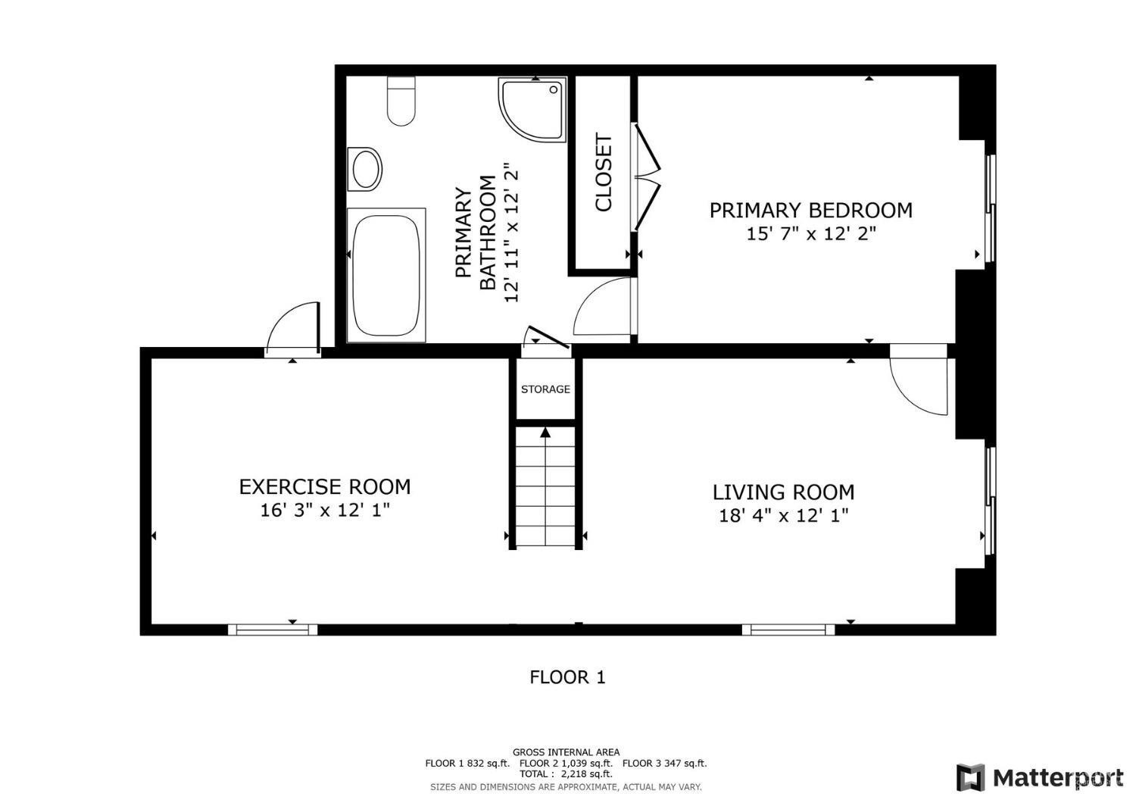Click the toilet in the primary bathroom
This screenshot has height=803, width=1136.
(401, 101)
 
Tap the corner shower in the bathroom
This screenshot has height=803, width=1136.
(532, 109)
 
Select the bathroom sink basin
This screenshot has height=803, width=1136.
(364, 170)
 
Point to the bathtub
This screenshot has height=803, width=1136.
(386, 275)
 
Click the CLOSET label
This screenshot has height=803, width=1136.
(604, 172)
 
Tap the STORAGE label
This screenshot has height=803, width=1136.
(545, 389)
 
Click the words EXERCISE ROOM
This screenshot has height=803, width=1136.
(325, 487)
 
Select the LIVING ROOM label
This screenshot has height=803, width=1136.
(784, 492)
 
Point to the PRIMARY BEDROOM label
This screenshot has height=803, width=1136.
(810, 210)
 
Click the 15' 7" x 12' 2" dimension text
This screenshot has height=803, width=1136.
(811, 234)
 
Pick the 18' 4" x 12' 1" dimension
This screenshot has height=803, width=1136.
(784, 516)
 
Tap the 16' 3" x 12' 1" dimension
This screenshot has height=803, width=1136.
(325, 511)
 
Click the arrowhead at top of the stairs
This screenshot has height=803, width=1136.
(545, 433)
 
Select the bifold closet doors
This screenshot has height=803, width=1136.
(648, 177)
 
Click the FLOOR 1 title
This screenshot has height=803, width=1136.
(567, 677)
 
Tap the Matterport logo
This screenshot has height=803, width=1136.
(1040, 778)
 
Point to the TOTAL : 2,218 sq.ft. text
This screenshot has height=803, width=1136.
(566, 774)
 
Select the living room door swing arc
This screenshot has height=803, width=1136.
(919, 386)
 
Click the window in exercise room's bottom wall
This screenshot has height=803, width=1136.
(273, 630)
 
